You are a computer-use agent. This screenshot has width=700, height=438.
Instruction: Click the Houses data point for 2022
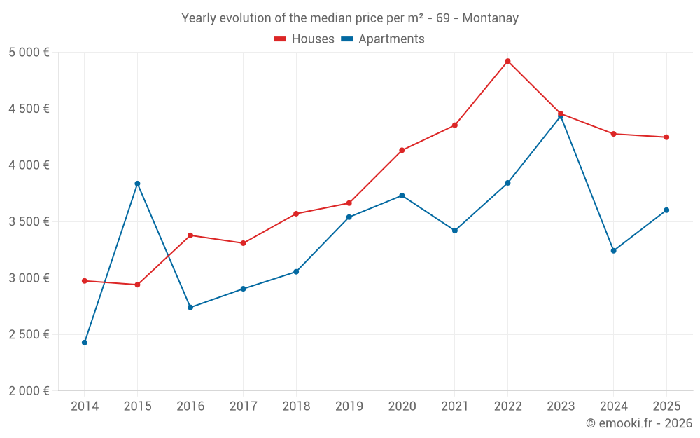click(x=507, y=61)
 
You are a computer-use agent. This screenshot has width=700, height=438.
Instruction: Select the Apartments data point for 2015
click(x=137, y=184)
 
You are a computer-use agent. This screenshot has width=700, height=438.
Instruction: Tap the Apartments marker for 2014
click(x=85, y=343)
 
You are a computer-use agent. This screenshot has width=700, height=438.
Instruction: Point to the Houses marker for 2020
click(x=402, y=150)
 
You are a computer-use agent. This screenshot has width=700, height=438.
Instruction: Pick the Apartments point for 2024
click(x=613, y=251)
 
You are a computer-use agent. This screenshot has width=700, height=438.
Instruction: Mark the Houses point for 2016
click(x=190, y=235)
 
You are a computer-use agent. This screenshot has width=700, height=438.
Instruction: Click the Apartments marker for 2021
click(x=455, y=231)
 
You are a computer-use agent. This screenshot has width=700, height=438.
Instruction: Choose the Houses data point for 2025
click(x=666, y=137)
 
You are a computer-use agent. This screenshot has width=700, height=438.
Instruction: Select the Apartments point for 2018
click(x=296, y=272)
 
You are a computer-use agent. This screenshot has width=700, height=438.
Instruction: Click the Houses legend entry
click(x=304, y=39)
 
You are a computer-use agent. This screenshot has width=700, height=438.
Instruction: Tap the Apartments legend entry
click(x=383, y=39)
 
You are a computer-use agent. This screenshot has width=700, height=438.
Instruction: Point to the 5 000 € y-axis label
click(x=29, y=53)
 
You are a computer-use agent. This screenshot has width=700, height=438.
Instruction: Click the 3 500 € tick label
click(x=29, y=221)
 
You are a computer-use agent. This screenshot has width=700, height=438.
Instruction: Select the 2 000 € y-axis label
click(x=29, y=391)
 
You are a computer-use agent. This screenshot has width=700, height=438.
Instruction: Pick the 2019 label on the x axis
click(x=349, y=406)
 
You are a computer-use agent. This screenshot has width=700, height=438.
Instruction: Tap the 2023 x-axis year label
click(x=561, y=406)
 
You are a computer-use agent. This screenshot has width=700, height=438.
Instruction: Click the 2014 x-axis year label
click(x=85, y=406)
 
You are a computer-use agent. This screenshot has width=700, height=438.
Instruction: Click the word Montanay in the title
click(x=490, y=18)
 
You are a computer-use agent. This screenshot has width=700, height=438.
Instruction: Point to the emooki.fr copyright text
click(x=639, y=423)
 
